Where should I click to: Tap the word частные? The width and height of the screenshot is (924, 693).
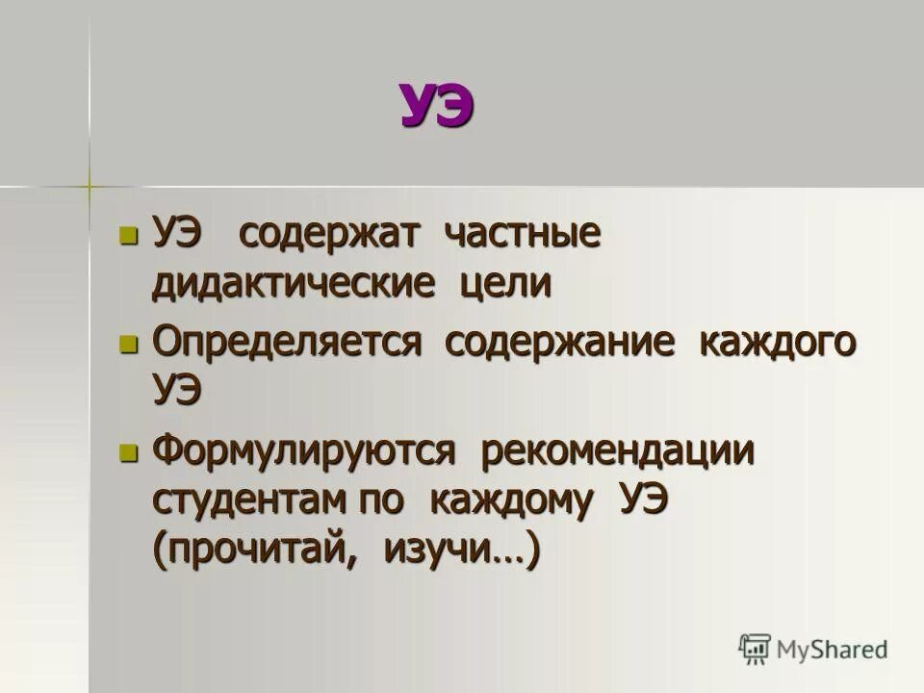click(x=523, y=235)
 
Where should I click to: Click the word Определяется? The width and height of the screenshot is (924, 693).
click(x=288, y=344)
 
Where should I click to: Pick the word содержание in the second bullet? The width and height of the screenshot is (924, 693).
click(x=558, y=344)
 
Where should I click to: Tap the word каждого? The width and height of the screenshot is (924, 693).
click(x=777, y=344)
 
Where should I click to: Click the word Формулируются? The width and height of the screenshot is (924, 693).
click(x=303, y=452)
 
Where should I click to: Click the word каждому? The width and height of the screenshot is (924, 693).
click(x=508, y=501)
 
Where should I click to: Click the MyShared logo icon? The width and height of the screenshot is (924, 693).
click(x=757, y=648)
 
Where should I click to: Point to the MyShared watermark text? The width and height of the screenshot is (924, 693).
click(x=833, y=650)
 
